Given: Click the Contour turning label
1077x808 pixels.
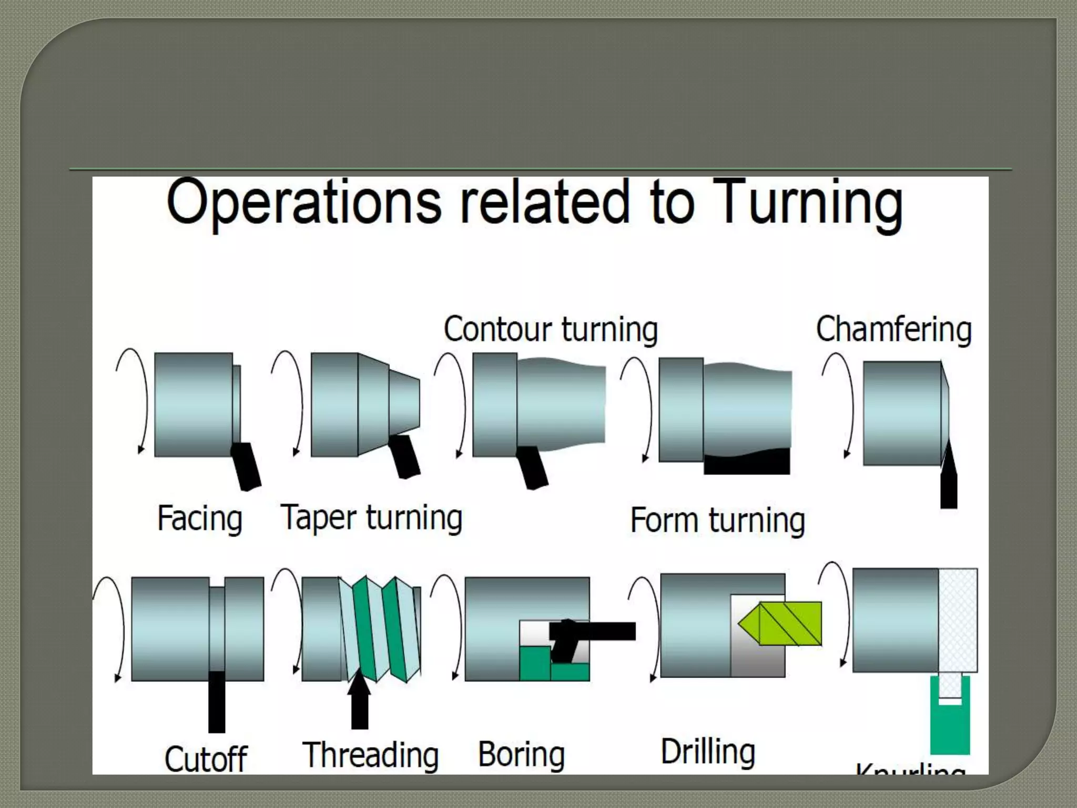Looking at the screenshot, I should coord(551,330).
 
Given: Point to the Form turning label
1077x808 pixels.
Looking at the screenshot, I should coord(717,521).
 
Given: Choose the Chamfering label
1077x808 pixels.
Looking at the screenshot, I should coord(893,330).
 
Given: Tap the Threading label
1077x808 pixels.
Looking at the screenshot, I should coord(371,755).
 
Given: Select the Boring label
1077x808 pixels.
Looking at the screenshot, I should coord(522,754).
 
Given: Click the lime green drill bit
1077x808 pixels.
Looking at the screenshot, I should coord(784,624).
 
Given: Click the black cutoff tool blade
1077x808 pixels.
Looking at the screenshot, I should coord(217,702).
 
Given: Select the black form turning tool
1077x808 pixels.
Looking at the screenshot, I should coord(747,462).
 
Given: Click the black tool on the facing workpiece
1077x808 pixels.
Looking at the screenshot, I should coord(246,466).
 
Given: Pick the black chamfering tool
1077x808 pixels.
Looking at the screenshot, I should coord(949,484).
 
